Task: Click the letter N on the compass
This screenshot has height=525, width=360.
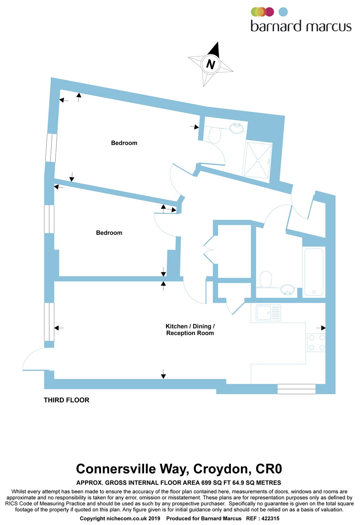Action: coord(211,64)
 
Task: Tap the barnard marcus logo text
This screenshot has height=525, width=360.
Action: coord(301,26)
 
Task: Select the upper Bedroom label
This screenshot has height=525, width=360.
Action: coord(124,143)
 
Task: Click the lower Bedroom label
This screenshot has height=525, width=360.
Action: coord(109,233)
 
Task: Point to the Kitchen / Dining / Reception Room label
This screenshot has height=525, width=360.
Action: coord(190,330)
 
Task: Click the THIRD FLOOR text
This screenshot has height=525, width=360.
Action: coord(66,400)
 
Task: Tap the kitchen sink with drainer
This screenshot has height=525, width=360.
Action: coord(269,312)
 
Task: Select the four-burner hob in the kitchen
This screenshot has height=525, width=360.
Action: coord(316,342)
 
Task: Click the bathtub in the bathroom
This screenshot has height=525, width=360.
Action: coord(314,272)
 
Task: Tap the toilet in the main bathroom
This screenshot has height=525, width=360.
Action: coord(266,279)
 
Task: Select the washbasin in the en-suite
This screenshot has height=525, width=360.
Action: coord(236,128)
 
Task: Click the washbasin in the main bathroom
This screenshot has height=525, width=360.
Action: coord(288,290)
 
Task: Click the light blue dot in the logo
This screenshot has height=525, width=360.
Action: coord(283,12)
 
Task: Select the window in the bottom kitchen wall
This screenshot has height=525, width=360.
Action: coord(296,389)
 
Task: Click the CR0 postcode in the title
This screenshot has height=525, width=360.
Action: coord(269,469)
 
